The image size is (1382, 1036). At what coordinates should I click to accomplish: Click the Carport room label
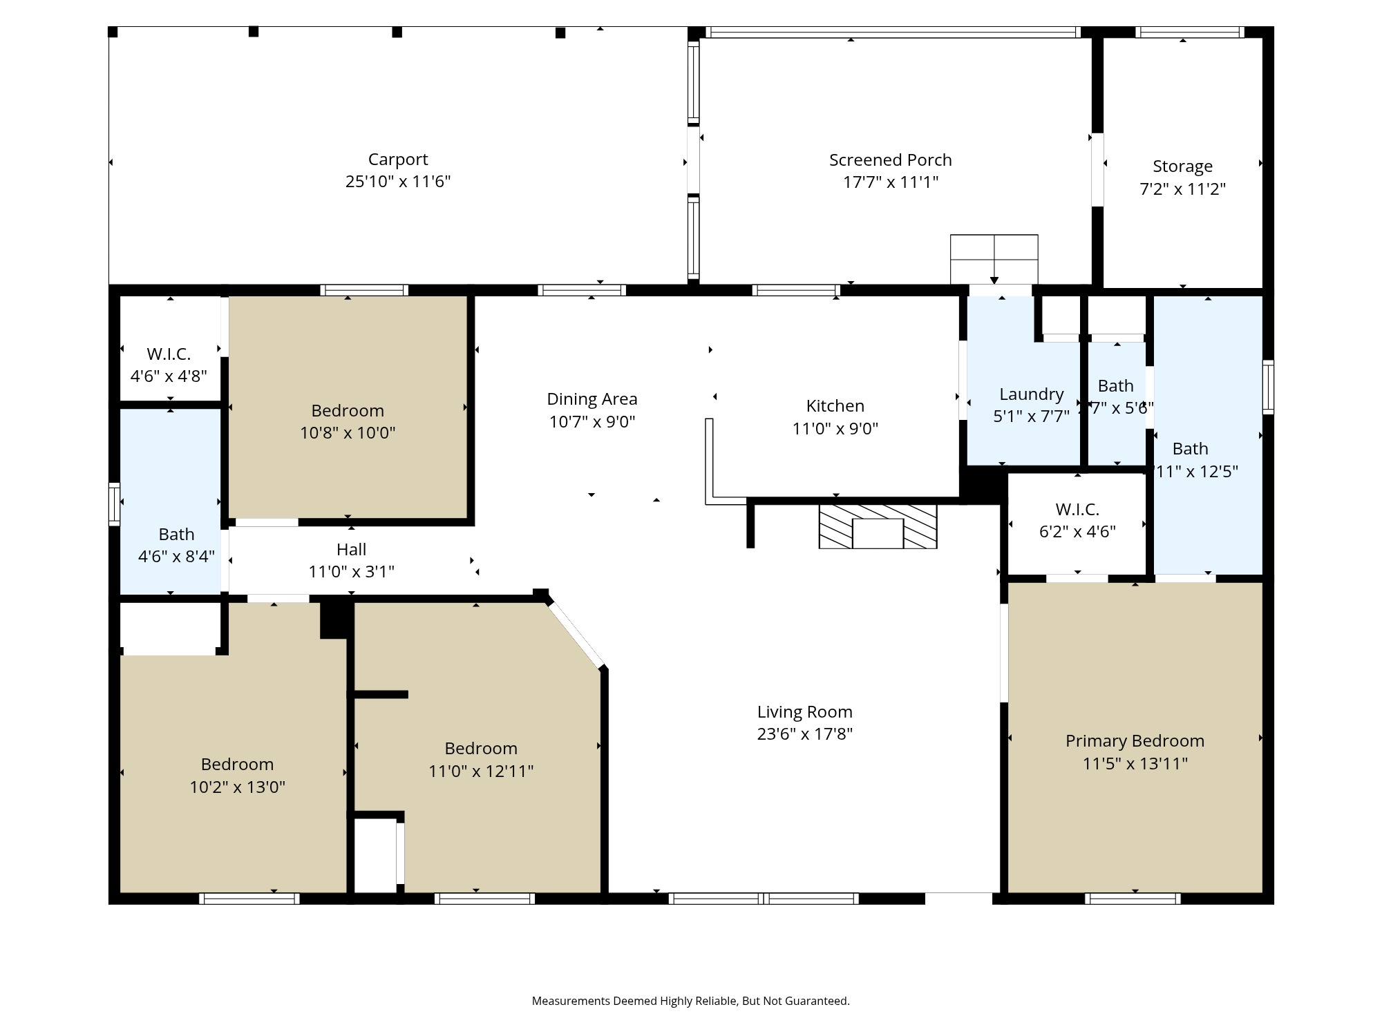tap(398, 160)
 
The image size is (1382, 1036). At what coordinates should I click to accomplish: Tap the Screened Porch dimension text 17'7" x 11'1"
tap(890, 182)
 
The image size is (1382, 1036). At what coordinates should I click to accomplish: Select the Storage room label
tap(1182, 166)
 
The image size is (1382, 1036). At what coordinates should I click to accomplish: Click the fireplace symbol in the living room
tap(878, 527)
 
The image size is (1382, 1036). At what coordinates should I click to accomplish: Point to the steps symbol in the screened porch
tap(994, 259)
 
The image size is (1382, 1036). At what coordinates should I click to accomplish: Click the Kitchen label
tap(835, 406)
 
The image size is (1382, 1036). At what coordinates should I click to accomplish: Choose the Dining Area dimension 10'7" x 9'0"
tap(591, 422)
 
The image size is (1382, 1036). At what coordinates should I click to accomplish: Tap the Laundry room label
tap(1031, 394)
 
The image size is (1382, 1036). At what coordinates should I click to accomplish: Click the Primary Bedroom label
tap(1135, 741)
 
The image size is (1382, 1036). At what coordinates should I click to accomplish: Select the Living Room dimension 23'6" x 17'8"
tap(804, 734)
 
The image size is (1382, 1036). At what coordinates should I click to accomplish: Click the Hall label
tap(351, 550)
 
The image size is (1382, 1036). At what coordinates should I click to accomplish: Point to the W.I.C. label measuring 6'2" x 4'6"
tap(1077, 510)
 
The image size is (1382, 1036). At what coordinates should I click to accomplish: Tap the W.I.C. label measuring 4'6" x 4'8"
tap(169, 354)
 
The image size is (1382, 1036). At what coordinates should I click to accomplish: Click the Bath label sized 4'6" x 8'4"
tap(176, 535)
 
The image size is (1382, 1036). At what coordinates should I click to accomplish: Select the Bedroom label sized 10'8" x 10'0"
tap(348, 411)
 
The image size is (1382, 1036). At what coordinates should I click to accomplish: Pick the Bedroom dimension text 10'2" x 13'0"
tap(237, 787)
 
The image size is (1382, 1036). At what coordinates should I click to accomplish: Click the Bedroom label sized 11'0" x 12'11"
tap(481, 749)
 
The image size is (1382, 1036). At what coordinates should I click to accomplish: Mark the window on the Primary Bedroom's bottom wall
tap(1133, 899)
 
